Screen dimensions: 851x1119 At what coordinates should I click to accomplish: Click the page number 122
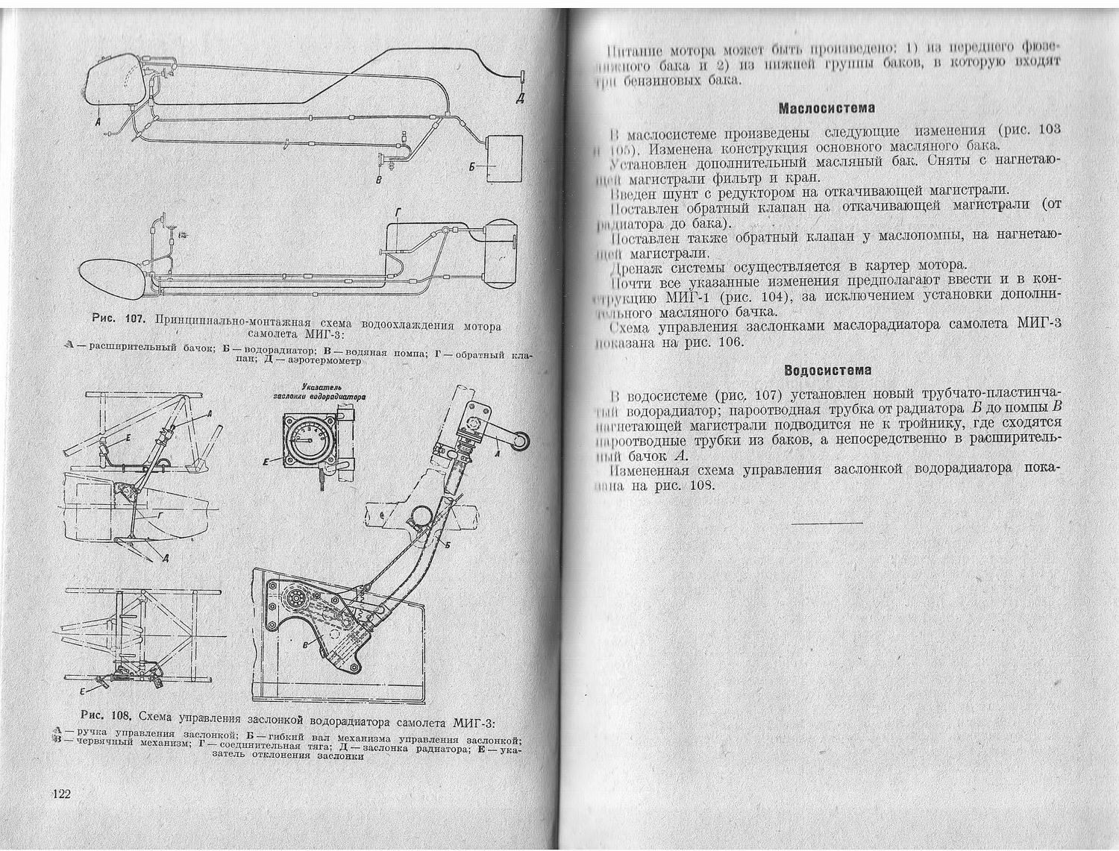tap(60, 794)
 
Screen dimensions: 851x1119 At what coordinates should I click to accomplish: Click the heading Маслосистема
tap(826, 108)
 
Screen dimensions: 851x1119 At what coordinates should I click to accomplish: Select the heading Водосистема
tap(828, 370)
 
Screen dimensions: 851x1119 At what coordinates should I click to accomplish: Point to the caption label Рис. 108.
tap(105, 715)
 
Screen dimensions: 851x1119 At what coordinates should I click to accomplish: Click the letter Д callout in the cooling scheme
tap(520, 98)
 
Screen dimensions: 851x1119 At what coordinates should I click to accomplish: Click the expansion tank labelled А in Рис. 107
tap(116, 82)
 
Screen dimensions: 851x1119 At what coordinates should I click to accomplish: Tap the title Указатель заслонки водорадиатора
tap(319, 392)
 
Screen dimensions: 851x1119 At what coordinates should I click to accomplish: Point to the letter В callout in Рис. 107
tap(379, 180)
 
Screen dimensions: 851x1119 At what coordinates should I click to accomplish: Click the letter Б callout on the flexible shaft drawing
tap(447, 545)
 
